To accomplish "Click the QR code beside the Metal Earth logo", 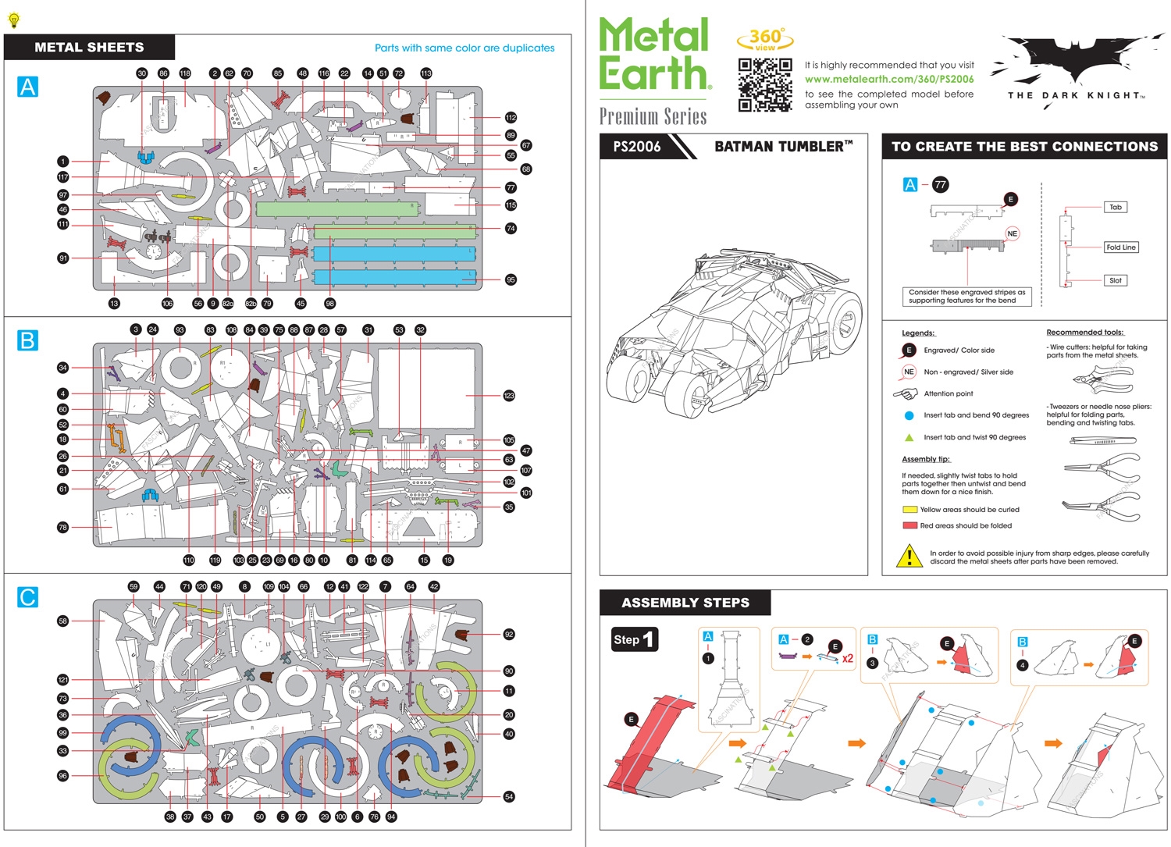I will click(x=764, y=84).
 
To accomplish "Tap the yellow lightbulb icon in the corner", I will click(x=13, y=20).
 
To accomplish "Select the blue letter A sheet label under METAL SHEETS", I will click(x=27, y=86).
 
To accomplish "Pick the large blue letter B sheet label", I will click(x=27, y=340).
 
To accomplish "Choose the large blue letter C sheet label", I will click(x=27, y=597).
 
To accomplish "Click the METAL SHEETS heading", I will click(x=89, y=48).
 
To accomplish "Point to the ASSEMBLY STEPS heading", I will click(x=685, y=603).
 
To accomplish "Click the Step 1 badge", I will click(x=634, y=639).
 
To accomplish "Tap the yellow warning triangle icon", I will click(x=909, y=556).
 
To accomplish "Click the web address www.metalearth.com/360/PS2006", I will click(x=889, y=79).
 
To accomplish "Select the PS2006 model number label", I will click(x=636, y=147).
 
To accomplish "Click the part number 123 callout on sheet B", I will click(x=509, y=396).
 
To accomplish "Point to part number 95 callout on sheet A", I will click(x=511, y=279).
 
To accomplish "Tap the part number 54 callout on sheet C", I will click(x=509, y=796).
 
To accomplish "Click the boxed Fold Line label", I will click(x=1120, y=247).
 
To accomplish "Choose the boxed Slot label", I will click(x=1115, y=280).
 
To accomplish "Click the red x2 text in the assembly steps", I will click(x=847, y=658).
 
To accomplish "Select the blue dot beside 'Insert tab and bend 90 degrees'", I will click(x=909, y=415).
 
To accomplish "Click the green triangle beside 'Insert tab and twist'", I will click(x=909, y=437).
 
